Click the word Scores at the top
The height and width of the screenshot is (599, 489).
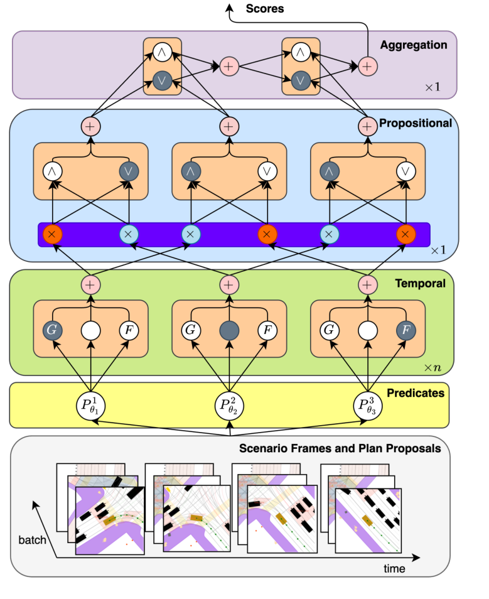coord(264,9)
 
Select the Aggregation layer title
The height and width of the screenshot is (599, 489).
coord(413,45)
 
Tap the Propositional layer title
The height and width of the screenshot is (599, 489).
coord(415,123)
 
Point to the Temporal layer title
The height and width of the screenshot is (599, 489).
coord(420,283)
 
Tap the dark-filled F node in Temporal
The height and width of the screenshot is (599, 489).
coord(406,330)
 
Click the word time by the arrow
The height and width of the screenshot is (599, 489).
coord(394,569)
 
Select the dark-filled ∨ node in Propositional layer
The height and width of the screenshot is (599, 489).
coord(129,171)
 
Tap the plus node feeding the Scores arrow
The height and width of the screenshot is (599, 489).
coord(367,65)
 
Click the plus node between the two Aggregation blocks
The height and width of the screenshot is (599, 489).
coord(228,65)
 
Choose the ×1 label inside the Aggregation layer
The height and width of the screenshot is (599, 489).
coord(433,87)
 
